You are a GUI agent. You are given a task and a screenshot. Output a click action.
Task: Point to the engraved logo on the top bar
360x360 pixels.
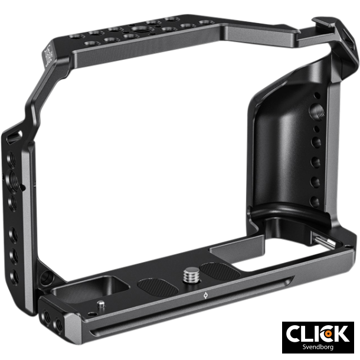[x=49, y=55]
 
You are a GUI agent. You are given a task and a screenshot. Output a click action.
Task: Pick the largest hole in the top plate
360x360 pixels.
[x=141, y=28]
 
